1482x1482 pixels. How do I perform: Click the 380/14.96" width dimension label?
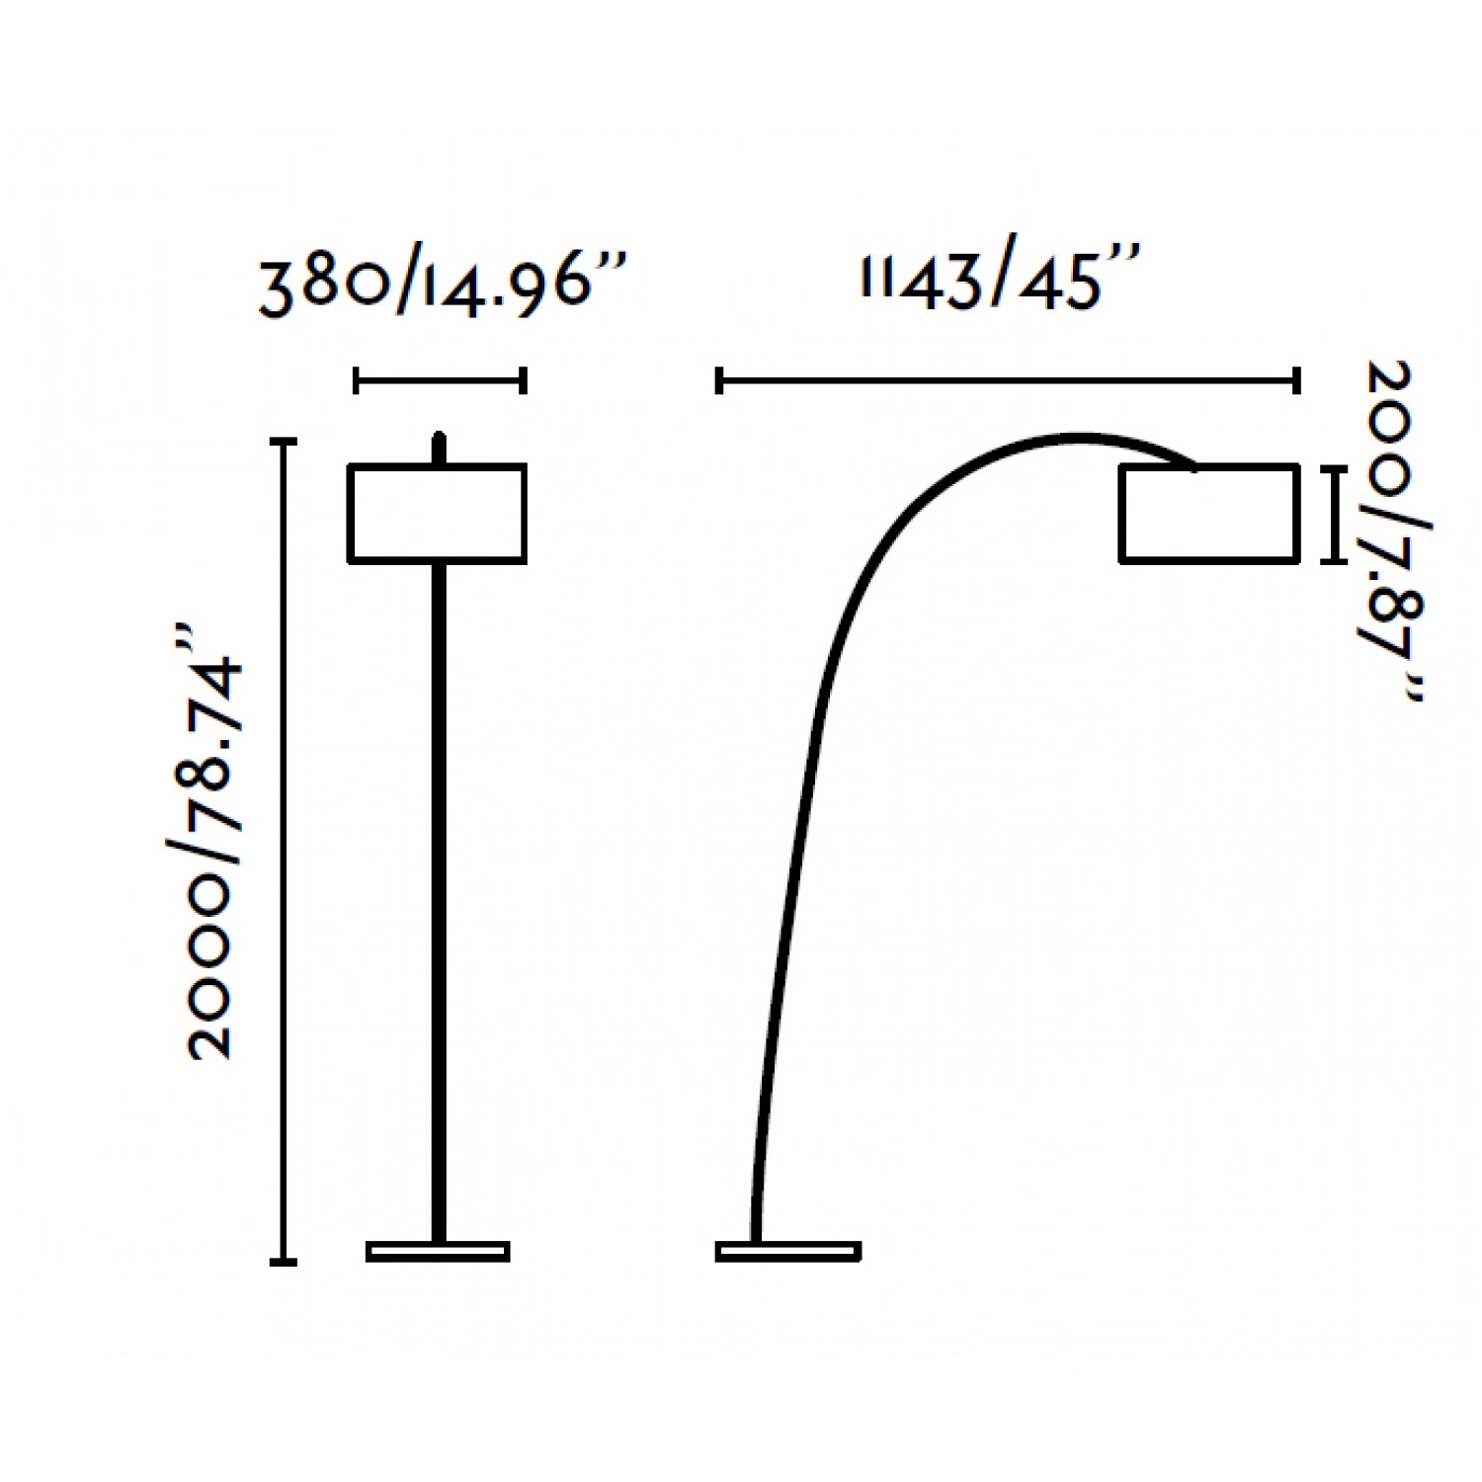pyautogui.click(x=442, y=286)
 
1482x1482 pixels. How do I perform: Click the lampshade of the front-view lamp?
pyautogui.click(x=437, y=514)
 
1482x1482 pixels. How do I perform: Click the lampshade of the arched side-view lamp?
pyautogui.click(x=1209, y=514)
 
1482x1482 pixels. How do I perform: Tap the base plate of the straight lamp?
pyautogui.click(x=438, y=1251)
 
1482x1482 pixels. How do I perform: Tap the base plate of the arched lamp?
pyautogui.click(x=787, y=1251)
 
